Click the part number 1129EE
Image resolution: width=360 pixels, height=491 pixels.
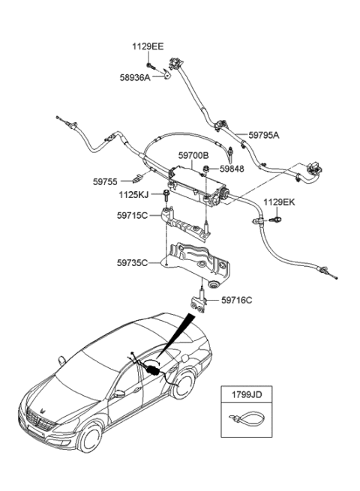[x=148, y=46]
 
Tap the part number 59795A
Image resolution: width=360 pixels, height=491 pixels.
[x=262, y=136]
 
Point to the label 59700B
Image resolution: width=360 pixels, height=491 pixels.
[x=193, y=156]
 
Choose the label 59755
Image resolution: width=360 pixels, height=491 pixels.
[x=106, y=181]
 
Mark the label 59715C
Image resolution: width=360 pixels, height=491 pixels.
[x=133, y=217]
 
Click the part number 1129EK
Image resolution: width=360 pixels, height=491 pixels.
[x=277, y=202]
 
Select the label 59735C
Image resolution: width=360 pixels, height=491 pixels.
[x=133, y=263]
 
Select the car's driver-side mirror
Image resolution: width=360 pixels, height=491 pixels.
[x=118, y=393]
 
